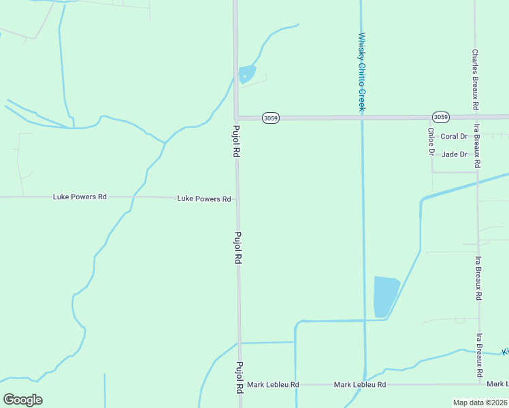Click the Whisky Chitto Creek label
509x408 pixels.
pyautogui.click(x=362, y=72)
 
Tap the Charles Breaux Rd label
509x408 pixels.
pyautogui.click(x=475, y=80)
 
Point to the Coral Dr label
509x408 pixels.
pyautogui.click(x=454, y=137)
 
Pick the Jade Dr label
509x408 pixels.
pyautogui.click(x=455, y=154)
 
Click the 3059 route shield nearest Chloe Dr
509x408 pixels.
pyautogui.click(x=440, y=117)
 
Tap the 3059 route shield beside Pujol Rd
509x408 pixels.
pyautogui.click(x=270, y=118)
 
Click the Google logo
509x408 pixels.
pyautogui.click(x=22, y=399)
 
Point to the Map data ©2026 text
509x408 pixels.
pyautogui.click(x=480, y=403)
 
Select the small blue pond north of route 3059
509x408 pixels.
pyautogui.click(x=246, y=73)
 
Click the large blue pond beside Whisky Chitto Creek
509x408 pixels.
pyautogui.click(x=386, y=296)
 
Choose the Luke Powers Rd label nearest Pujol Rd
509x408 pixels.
pyautogui.click(x=204, y=199)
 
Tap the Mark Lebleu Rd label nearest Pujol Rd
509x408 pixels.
pyautogui.click(x=273, y=385)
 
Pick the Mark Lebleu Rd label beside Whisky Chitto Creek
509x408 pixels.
pyautogui.click(x=360, y=385)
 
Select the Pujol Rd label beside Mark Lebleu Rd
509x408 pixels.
pyautogui.click(x=240, y=379)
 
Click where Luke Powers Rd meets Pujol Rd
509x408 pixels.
pyautogui.click(x=237, y=199)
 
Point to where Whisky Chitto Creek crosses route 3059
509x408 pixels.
pyautogui.click(x=361, y=118)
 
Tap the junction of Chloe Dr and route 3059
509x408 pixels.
pyautogui.click(x=431, y=118)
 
